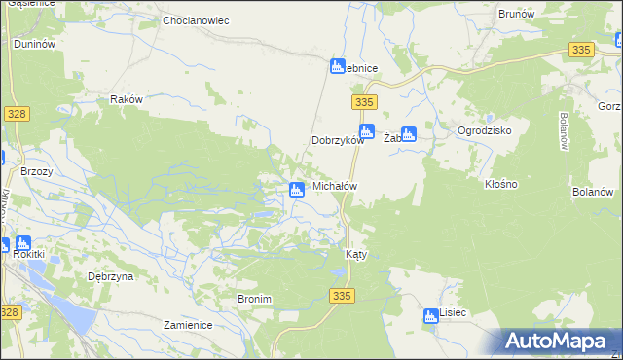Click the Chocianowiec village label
click(x=196, y=19)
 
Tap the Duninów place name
click(x=33, y=45)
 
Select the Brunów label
click(x=517, y=15)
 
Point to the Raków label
click(x=127, y=99)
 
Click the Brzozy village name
click(x=37, y=170)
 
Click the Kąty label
click(x=356, y=254)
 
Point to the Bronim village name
click(x=253, y=299)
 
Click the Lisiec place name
click(x=453, y=314)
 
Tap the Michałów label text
click(x=335, y=186)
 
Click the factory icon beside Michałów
click(x=295, y=189)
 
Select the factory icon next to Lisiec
click(x=431, y=315)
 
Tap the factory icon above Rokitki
click(x=22, y=244)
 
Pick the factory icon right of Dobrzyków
click(x=367, y=132)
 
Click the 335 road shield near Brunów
click(x=582, y=50)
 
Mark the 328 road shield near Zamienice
click(x=10, y=311)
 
